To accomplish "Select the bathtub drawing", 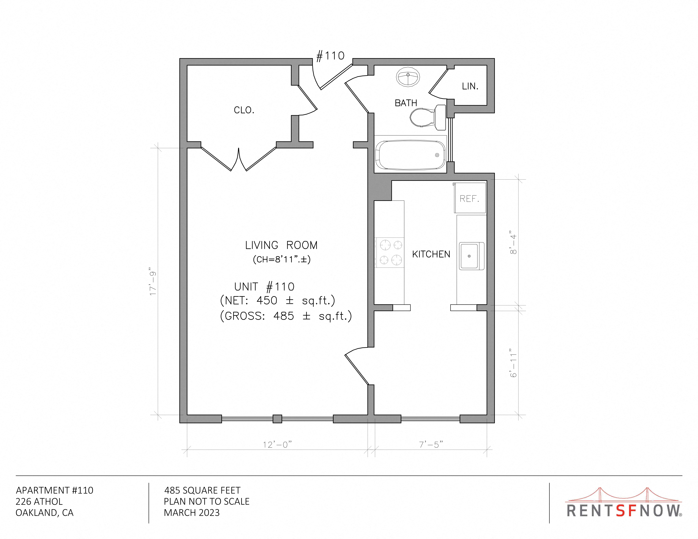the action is click(x=410, y=155).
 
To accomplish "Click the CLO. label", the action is click(x=244, y=110).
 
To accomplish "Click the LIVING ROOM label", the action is click(x=281, y=245).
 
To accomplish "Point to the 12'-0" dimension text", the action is click(x=277, y=445).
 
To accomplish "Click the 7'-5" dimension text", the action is click(x=431, y=445).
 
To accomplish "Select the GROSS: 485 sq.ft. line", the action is click(x=286, y=316).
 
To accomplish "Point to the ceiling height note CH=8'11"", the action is click(x=282, y=259).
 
